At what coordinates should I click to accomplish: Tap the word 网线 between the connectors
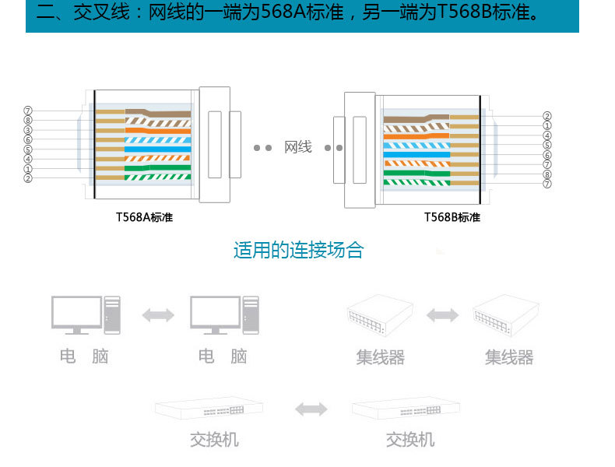pyautogui.click(x=298, y=147)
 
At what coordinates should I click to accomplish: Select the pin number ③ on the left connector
pyautogui.click(x=28, y=130)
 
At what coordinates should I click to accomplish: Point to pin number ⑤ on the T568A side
pyautogui.click(x=28, y=149)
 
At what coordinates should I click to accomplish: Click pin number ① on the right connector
pyautogui.click(x=547, y=125)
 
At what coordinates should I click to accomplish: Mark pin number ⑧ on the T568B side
pyautogui.click(x=547, y=174)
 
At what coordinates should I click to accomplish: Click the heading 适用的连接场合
pyautogui.click(x=298, y=251)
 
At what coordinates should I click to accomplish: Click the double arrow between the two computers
pyautogui.click(x=158, y=314)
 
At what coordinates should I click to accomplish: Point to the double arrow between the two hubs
pyautogui.click(x=442, y=314)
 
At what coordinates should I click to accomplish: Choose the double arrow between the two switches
pyautogui.click(x=311, y=409)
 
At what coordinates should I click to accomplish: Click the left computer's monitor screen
pyautogui.click(x=76, y=312)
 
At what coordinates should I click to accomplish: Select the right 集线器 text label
pyautogui.click(x=509, y=357)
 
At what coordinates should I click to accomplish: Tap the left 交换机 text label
pyautogui.click(x=214, y=440)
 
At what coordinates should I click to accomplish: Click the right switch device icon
pyautogui.click(x=406, y=409)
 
